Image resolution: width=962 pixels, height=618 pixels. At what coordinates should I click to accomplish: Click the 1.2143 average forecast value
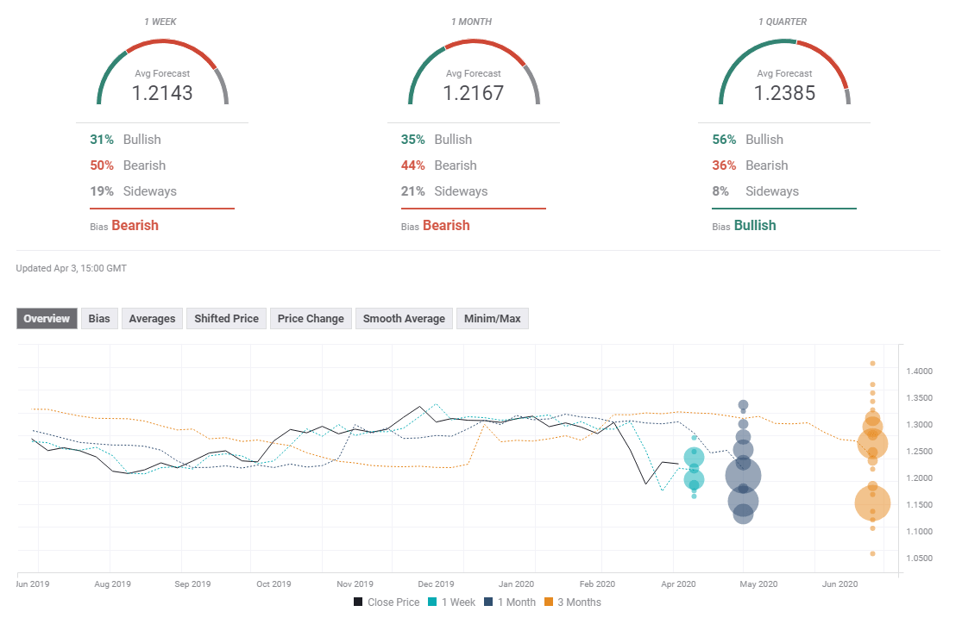tap(162, 93)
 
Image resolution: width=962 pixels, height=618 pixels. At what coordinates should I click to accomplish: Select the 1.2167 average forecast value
tap(473, 93)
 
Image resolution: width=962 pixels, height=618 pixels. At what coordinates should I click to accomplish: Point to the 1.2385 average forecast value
tap(784, 93)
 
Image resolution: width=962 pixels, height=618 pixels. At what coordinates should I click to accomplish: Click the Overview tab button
tap(47, 319)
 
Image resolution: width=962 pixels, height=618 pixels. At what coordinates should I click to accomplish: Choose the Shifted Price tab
tap(226, 319)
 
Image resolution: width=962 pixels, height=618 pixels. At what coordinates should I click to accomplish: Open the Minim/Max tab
tap(492, 319)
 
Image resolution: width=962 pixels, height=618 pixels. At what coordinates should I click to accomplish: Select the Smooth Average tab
tap(404, 319)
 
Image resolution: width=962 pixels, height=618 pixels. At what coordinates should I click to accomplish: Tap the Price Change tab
tap(311, 319)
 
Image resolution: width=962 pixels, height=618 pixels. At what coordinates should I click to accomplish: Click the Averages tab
tap(152, 319)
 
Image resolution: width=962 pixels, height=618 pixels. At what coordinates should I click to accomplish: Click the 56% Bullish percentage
tap(723, 140)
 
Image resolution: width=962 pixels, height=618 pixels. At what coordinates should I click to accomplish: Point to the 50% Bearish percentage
tap(101, 165)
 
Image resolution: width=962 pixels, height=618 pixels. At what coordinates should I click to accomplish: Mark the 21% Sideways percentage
tap(412, 191)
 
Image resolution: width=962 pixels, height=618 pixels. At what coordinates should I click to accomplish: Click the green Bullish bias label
tap(754, 226)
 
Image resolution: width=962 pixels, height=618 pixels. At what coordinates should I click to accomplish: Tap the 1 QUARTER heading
tap(783, 22)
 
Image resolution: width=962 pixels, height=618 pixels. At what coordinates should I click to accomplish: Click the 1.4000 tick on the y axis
tap(919, 371)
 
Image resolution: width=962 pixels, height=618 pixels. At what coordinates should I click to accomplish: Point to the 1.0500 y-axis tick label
tap(919, 559)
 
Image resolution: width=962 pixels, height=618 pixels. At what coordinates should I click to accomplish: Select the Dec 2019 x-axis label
tap(436, 584)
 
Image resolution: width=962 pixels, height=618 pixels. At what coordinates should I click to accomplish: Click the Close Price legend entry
tap(387, 602)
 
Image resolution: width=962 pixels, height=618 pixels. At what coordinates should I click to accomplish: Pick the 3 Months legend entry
tap(573, 602)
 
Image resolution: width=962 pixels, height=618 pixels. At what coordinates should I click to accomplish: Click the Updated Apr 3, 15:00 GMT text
tap(72, 269)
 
